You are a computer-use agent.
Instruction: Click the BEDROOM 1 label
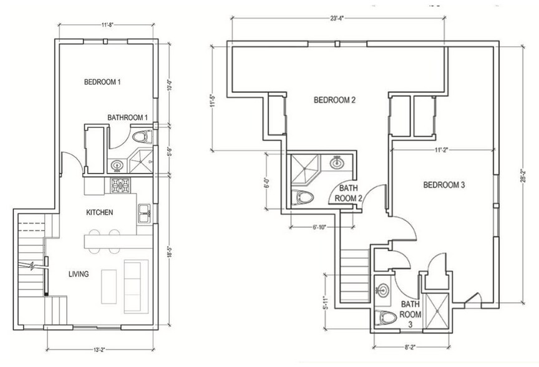pyautogui.click(x=103, y=82)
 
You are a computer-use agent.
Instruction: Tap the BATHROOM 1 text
pyautogui.click(x=127, y=117)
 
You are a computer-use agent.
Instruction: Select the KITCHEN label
pyautogui.click(x=99, y=212)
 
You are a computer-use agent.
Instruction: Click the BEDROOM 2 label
pyautogui.click(x=334, y=100)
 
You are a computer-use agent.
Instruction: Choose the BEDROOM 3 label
pyautogui.click(x=444, y=185)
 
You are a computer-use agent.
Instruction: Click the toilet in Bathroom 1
pyautogui.click(x=142, y=137)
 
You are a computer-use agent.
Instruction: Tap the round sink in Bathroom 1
pyautogui.click(x=117, y=165)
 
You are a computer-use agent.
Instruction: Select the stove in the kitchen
pyautogui.click(x=120, y=185)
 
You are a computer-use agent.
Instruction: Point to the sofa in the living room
pyautogui.click(x=134, y=286)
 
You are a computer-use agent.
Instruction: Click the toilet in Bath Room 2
pyautogui.click(x=304, y=198)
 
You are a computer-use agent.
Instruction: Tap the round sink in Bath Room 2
pyautogui.click(x=337, y=163)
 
